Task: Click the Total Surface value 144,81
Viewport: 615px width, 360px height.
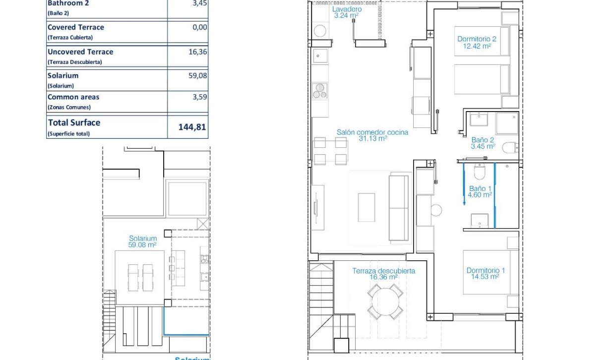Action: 192,127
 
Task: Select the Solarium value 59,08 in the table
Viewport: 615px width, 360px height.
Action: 198,75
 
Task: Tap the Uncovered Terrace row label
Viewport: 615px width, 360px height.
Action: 80,52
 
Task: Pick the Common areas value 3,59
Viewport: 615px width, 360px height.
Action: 200,97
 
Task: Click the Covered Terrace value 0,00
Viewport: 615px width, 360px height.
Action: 200,27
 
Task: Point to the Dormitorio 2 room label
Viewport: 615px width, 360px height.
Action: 477,43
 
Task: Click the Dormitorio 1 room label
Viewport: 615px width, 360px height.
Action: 486,273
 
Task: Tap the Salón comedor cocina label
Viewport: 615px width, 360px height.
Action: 372,135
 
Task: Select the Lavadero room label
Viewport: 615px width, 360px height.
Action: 347,12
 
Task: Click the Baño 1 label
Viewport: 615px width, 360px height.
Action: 480,192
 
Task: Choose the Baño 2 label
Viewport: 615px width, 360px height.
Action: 483,143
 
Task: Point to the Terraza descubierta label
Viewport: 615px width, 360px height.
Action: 383,274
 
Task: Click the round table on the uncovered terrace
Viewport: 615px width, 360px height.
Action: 385,301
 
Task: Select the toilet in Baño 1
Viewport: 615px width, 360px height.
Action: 480,172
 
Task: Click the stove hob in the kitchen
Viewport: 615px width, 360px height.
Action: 320,91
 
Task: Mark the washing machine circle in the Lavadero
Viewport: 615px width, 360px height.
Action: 320,31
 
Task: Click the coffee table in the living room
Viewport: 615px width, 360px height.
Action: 366,207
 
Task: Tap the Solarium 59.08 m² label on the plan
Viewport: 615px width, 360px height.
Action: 142,241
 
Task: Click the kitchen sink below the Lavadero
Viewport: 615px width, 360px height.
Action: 320,56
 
